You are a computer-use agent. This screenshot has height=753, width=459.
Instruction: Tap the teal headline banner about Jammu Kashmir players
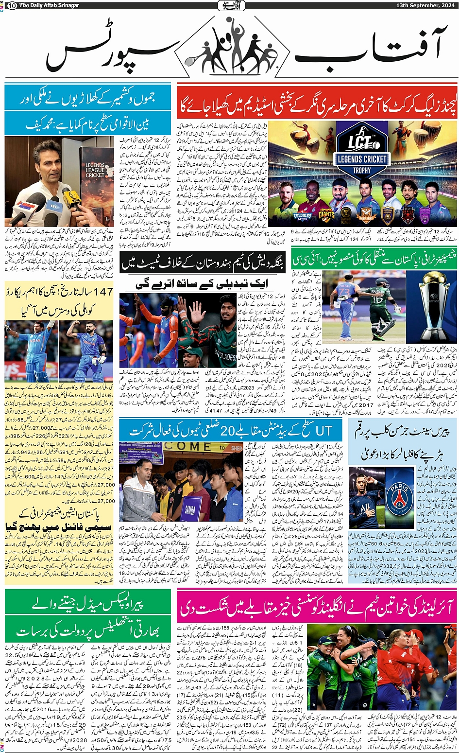click(88, 109)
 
